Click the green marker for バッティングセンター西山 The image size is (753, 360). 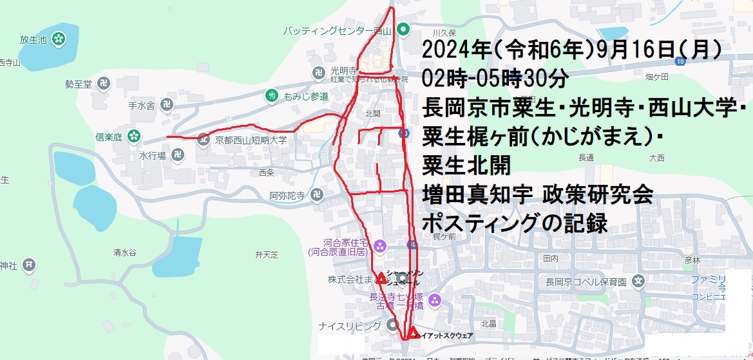(x=403, y=29)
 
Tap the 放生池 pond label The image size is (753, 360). (x=33, y=39)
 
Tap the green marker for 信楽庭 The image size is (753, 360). (x=134, y=136)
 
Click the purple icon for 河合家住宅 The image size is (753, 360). (x=379, y=245)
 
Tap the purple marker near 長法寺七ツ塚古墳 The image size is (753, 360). (x=435, y=299)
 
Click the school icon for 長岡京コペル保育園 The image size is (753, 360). (x=638, y=281)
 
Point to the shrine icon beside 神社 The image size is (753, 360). (x=28, y=264)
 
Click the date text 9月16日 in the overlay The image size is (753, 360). (x=632, y=51)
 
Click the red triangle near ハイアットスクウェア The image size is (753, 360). (x=413, y=332)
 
